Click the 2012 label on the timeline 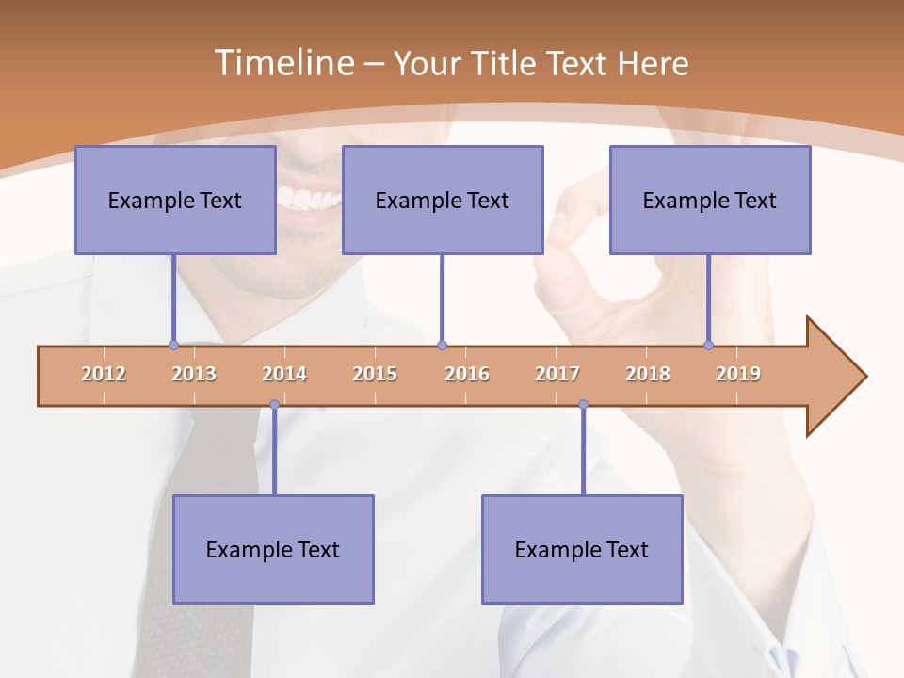tap(104, 374)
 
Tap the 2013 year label tap(194, 374)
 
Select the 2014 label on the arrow tap(284, 374)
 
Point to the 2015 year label tap(375, 374)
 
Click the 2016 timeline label tap(467, 374)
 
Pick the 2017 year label tap(557, 374)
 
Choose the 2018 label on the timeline tap(648, 374)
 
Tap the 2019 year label tap(738, 374)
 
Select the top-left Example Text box tap(175, 200)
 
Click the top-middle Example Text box tap(443, 200)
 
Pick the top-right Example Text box tap(710, 200)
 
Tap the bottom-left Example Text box tap(273, 549)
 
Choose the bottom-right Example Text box tap(582, 549)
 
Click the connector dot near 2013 tap(173, 346)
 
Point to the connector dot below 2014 tap(274, 405)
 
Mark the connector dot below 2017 tap(583, 405)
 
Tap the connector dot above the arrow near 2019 tap(708, 346)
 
